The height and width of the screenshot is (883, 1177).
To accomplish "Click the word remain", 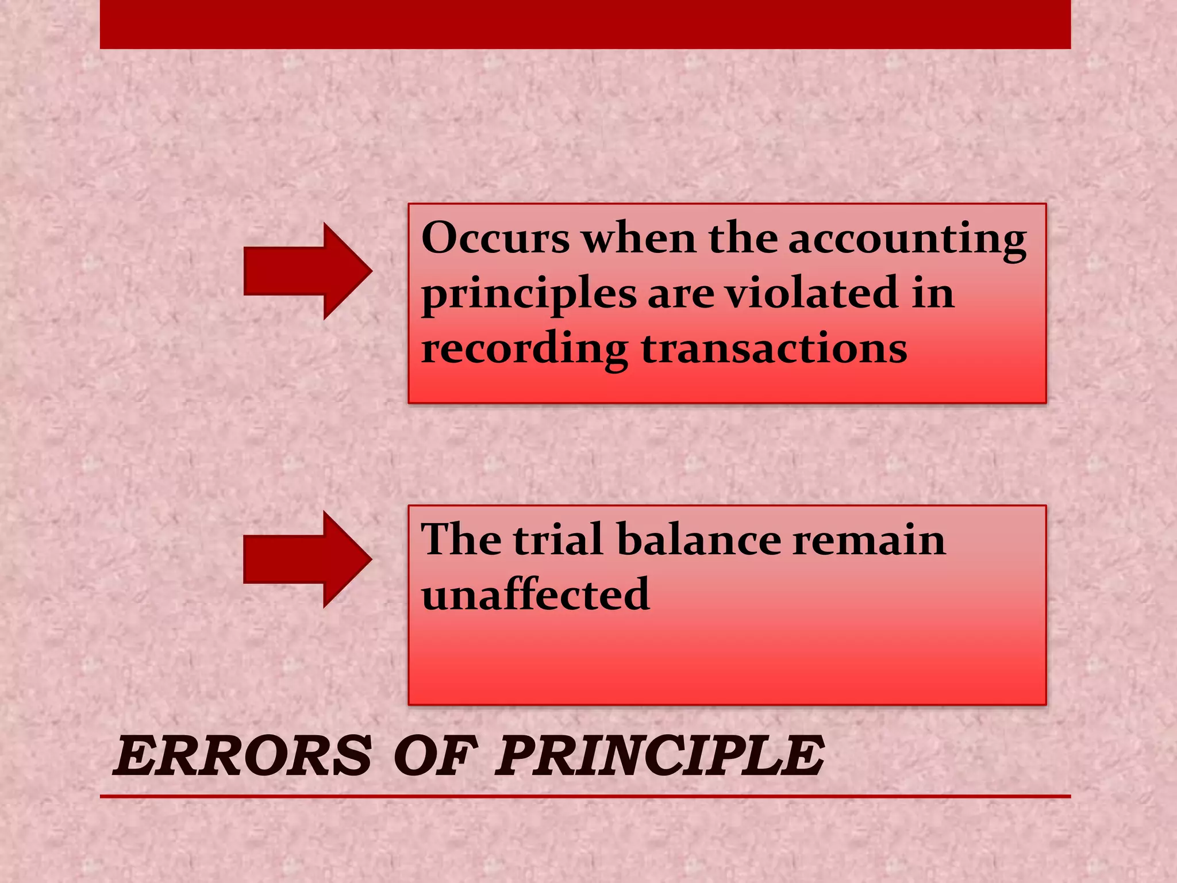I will (x=868, y=540).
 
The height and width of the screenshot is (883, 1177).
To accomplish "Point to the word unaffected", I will (x=535, y=593).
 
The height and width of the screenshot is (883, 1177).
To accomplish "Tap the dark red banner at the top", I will (x=585, y=24).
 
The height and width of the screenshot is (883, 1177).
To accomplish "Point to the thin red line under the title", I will (x=585, y=796).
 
